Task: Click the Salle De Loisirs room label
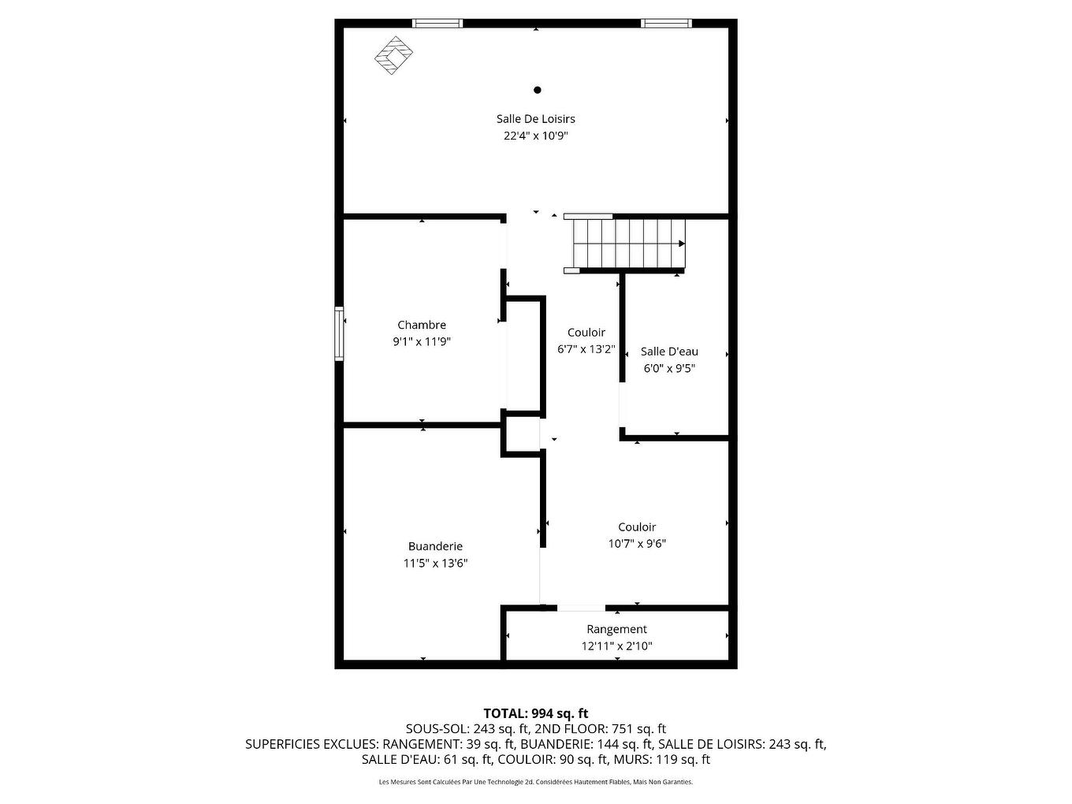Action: click(535, 119)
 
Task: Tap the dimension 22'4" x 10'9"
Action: click(535, 136)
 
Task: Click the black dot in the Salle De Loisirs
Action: click(538, 90)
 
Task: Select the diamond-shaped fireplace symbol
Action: click(393, 55)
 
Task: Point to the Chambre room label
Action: click(422, 325)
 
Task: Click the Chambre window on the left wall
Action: click(339, 333)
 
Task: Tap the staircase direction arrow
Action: click(680, 244)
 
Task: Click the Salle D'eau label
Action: click(669, 352)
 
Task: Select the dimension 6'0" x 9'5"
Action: click(669, 368)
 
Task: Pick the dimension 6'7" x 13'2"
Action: click(586, 349)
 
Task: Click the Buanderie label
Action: click(435, 546)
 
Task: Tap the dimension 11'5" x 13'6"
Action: click(435, 563)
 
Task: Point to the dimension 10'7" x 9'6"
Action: click(637, 543)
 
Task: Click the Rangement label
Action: click(616, 629)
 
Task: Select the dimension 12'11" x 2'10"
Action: click(616, 646)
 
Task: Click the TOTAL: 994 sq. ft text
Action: click(535, 713)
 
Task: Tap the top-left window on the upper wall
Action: click(437, 24)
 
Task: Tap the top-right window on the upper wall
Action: click(666, 24)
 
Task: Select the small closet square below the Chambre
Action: click(521, 435)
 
